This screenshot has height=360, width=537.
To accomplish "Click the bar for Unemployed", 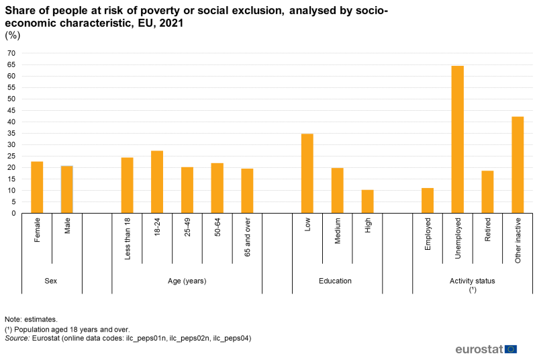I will (x=457, y=140).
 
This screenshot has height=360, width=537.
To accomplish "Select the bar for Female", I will (x=37, y=187).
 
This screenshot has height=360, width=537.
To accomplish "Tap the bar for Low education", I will (x=307, y=173).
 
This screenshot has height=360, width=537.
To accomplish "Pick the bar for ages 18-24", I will (x=157, y=182).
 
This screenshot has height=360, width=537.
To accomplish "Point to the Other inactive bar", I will (x=518, y=165).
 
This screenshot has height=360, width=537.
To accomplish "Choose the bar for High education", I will (x=367, y=201).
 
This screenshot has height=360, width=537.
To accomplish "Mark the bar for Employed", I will (x=428, y=201).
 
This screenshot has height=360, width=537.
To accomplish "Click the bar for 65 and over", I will (x=247, y=191).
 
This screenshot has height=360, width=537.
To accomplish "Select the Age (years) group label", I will (x=187, y=281).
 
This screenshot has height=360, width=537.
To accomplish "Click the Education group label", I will (x=337, y=281).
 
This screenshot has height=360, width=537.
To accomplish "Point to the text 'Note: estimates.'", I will (x=31, y=319).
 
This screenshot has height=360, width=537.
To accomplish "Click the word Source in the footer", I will (x=17, y=339).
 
